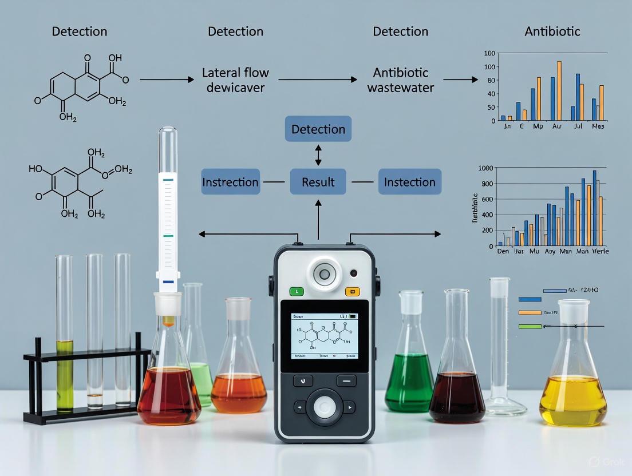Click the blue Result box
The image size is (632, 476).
pyautogui.click(x=318, y=182)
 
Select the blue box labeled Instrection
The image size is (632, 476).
pyautogui.click(x=230, y=182)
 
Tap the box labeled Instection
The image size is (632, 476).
pyautogui.click(x=409, y=182)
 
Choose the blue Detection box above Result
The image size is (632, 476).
pyautogui.click(x=318, y=129)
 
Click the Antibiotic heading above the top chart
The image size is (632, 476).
pyautogui.click(x=552, y=31)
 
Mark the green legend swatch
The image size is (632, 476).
pyautogui.click(x=530, y=327)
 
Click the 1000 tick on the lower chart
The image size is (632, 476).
pyautogui.click(x=485, y=168)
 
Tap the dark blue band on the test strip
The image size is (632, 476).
pyautogui.click(x=168, y=282)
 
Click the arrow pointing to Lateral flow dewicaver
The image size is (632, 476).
pyautogui.click(x=167, y=80)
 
